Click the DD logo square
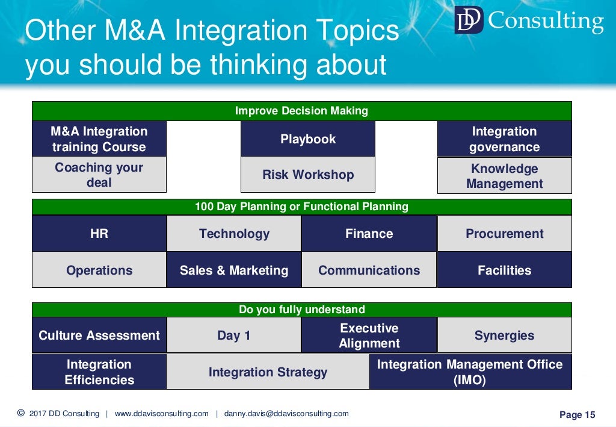[469, 20]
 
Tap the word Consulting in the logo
[546, 21]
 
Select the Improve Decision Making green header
[301, 111]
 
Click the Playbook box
[308, 139]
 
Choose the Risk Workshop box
[308, 175]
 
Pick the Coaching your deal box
[99, 175]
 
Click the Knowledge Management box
[504, 176]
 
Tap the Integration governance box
[504, 139]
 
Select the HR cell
[99, 234]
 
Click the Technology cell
[234, 234]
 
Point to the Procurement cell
[504, 234]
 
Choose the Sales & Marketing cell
[234, 270]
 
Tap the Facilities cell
[504, 270]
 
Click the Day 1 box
[234, 335]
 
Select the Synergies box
[504, 335]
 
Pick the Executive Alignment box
[369, 335]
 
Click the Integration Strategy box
[268, 372]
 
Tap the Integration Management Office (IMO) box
[470, 372]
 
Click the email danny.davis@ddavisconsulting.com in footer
[286, 414]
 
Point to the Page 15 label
[577, 414]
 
